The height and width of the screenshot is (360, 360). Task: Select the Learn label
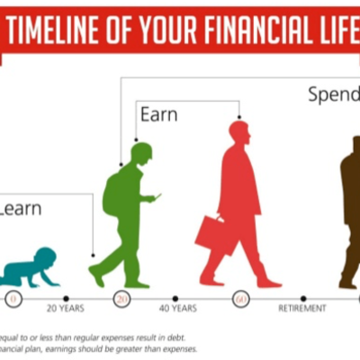pos(20,209)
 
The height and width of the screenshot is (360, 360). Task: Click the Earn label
pos(158,114)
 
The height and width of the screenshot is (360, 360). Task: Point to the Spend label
pos(334,94)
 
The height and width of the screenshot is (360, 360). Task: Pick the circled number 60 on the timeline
pos(240,298)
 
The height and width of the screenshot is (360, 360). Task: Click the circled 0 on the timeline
pos(13,298)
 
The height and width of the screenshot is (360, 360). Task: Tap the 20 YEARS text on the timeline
pos(64,309)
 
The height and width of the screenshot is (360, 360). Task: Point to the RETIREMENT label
pos(302,309)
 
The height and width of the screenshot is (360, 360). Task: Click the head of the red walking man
pos(238,131)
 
